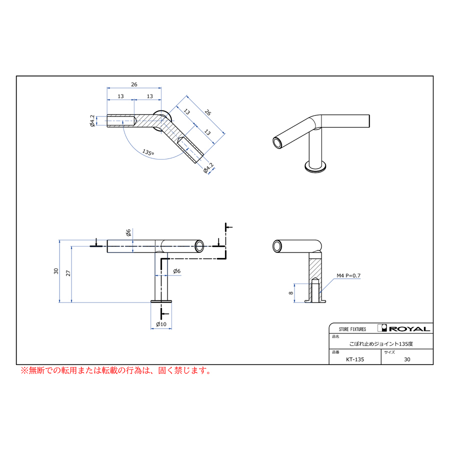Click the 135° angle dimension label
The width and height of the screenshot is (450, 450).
click(148, 152)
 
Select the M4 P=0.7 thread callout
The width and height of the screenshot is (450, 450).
click(348, 275)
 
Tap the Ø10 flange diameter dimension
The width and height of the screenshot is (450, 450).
click(161, 324)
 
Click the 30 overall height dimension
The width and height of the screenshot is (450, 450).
click(56, 271)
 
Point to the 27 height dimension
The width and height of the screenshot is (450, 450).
click(68, 273)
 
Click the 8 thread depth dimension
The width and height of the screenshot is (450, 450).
click(291, 293)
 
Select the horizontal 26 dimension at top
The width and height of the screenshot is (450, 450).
click(134, 84)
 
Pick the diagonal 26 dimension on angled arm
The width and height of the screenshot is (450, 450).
click(208, 112)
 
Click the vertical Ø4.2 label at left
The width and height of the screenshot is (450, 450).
click(92, 121)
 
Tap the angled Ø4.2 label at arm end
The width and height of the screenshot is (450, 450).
click(208, 168)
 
